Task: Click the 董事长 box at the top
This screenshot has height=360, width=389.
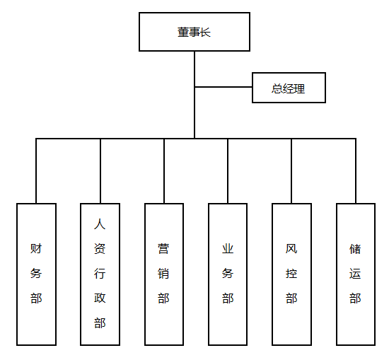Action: coord(194,33)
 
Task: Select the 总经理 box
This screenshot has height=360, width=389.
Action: coord(289,88)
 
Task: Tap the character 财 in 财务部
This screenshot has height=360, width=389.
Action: coord(36,249)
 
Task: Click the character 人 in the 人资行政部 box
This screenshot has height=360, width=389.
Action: coord(100,225)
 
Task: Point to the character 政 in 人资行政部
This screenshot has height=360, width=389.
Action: coord(100,298)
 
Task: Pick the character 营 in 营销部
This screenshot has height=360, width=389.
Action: coord(163,249)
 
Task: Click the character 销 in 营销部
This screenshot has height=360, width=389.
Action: coord(163,274)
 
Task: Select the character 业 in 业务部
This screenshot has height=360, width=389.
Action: coord(227,249)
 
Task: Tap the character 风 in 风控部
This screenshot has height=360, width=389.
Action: coord(291,249)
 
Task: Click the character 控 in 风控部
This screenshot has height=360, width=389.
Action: coord(291,274)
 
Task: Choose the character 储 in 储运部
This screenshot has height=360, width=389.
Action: coord(355,249)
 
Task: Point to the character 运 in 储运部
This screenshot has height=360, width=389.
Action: coord(355,274)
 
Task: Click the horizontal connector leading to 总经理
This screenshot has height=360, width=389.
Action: coord(223,87)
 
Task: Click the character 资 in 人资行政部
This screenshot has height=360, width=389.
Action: coord(100,250)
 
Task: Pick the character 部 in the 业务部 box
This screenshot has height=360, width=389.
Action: coord(227,298)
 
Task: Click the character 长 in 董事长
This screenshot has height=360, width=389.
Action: coord(205,33)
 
